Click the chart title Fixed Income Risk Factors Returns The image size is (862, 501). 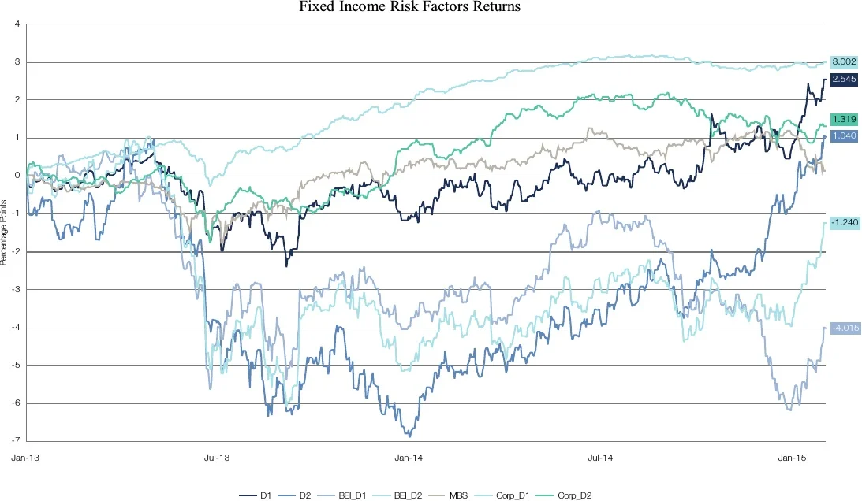[x=410, y=8]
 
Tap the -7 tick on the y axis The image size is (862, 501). [x=17, y=440]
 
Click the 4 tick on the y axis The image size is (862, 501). [x=17, y=24]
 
